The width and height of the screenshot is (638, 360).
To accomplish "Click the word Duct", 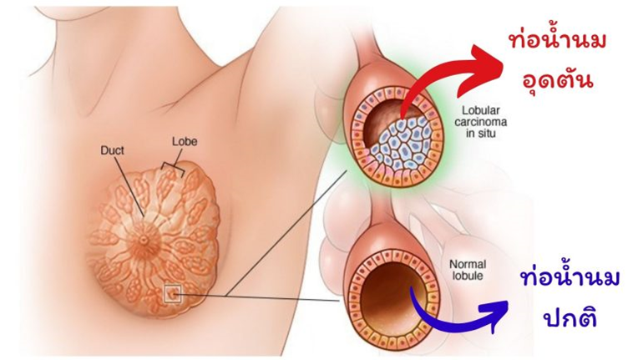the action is (112, 150).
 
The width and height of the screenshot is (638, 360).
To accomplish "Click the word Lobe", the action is (185, 141).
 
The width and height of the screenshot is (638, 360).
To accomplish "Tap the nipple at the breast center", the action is (144, 240).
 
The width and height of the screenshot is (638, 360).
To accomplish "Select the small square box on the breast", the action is (173, 294).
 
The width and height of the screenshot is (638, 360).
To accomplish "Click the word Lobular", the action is (480, 110).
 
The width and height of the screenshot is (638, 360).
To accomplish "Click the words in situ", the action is (480, 133).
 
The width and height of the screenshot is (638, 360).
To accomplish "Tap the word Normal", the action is (468, 265).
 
